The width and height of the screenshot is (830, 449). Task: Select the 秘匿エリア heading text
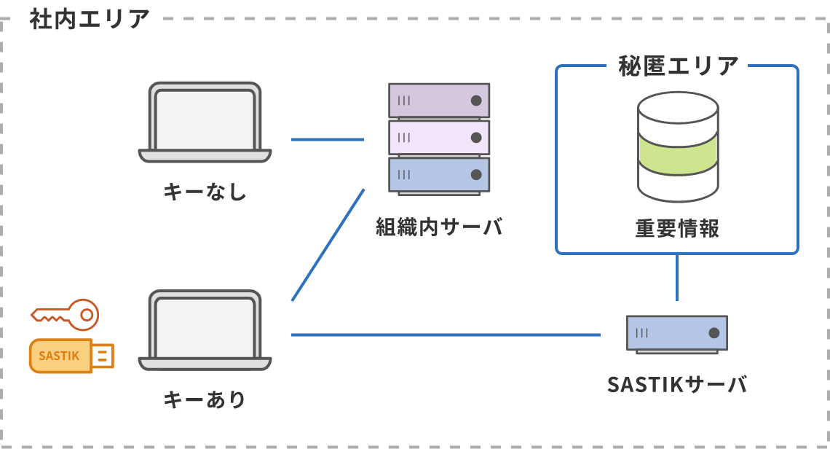point(677,66)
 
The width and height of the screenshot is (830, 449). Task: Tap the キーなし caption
point(205,193)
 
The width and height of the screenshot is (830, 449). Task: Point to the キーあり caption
point(205,399)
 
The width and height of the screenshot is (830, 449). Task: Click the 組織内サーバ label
point(440,227)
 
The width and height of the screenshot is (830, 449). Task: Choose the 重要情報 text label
point(677,229)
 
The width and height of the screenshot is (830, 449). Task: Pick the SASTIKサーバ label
point(677,384)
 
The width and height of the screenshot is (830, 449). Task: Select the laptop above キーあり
point(205,330)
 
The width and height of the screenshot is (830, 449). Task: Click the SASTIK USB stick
point(71,356)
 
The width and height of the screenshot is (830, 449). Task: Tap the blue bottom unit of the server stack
point(439,175)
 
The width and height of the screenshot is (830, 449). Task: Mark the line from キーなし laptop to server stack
point(327,139)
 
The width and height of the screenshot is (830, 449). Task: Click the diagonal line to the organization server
point(328,245)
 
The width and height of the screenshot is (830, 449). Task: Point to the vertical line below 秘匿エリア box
point(677,277)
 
